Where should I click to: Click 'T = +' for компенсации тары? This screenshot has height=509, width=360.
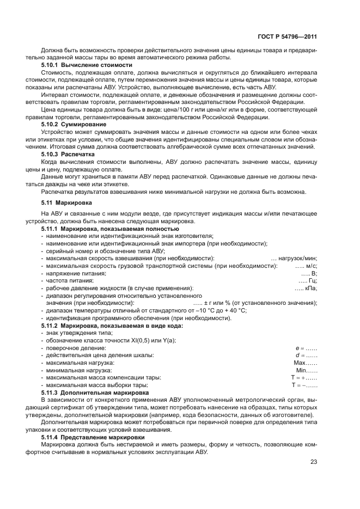click(x=298, y=377)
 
